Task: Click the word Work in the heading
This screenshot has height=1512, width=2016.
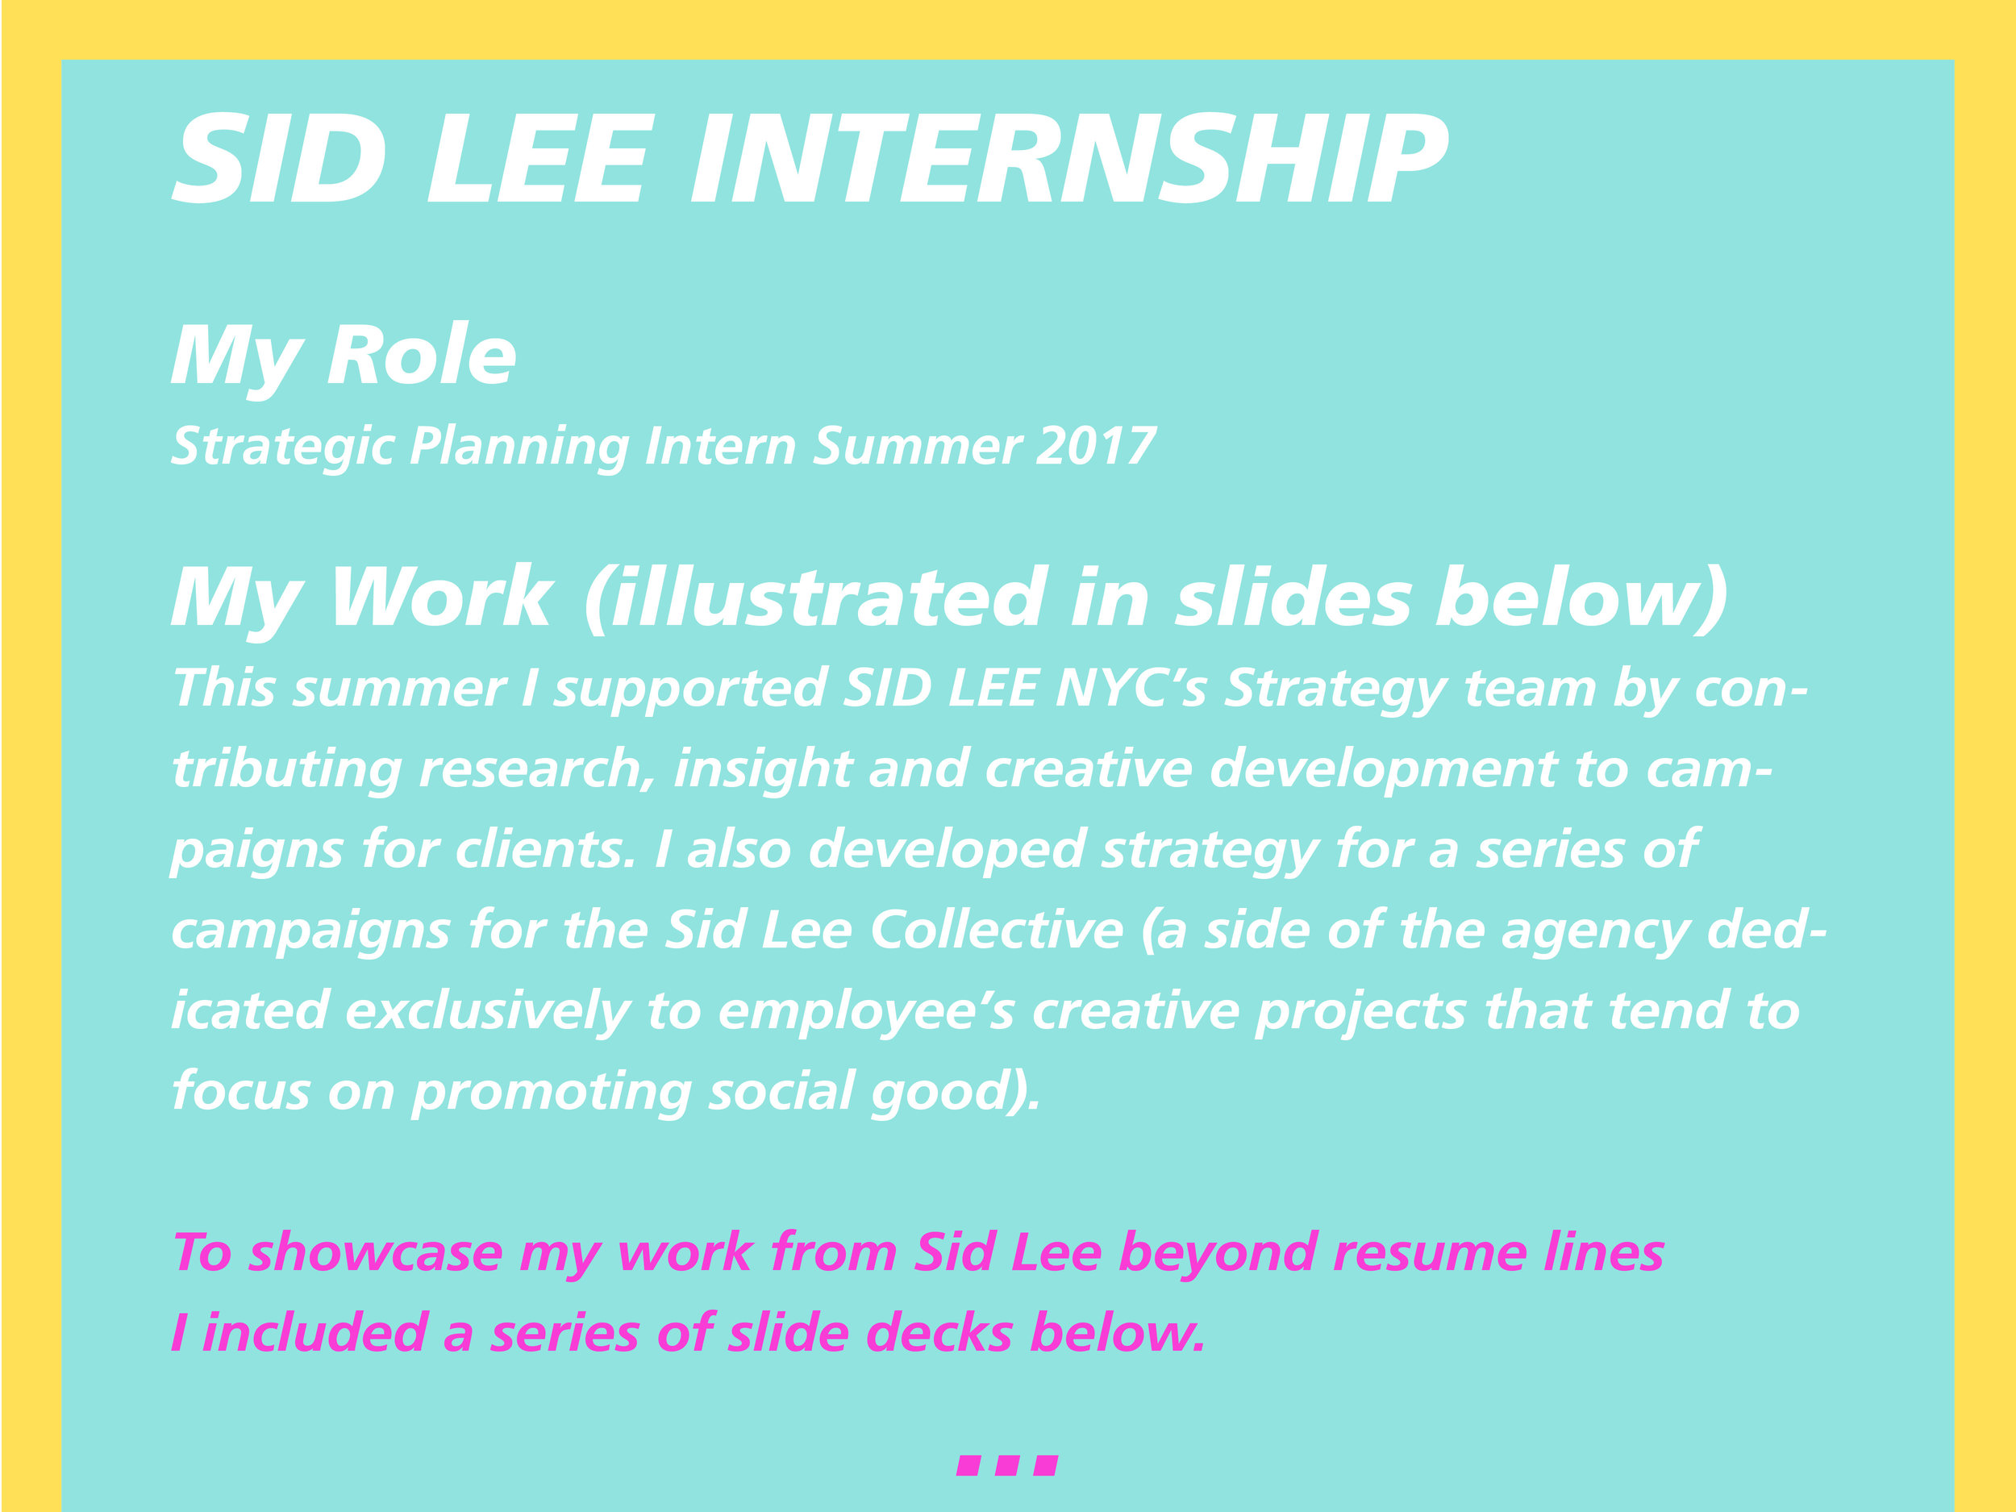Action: [x=441, y=597]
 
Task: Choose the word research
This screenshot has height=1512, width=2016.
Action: [x=536, y=768]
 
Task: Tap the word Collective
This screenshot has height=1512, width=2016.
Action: [x=997, y=931]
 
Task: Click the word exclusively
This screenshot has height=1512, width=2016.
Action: [x=488, y=1012]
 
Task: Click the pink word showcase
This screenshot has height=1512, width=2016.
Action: [x=375, y=1253]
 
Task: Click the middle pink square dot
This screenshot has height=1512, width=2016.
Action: [x=1006, y=1465]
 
